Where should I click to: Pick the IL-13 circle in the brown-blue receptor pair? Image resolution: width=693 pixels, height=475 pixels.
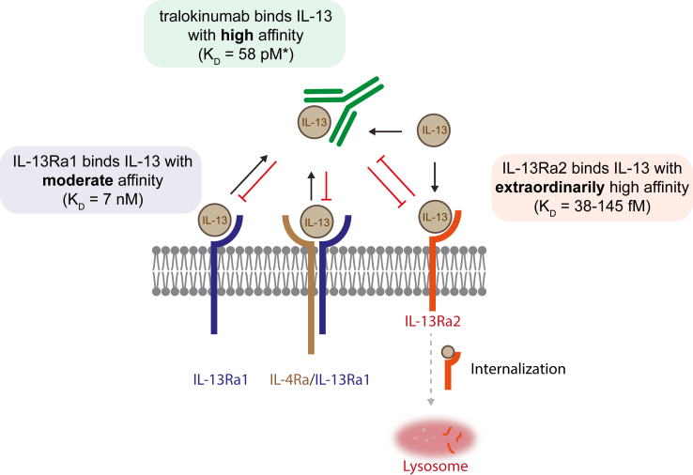(317, 222)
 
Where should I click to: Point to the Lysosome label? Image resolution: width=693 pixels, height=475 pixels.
(431, 465)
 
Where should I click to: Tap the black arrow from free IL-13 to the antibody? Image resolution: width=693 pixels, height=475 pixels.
(386, 130)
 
